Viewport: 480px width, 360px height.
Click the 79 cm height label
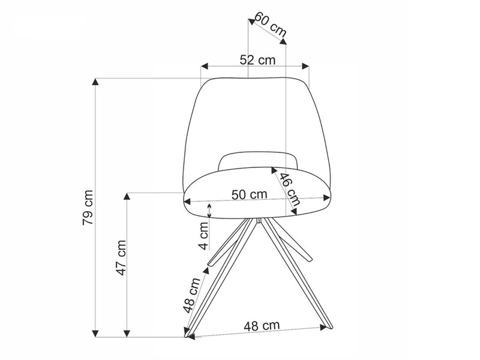(88, 208)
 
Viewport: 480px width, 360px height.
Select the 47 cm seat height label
(121, 258)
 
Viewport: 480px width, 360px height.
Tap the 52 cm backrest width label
(257, 59)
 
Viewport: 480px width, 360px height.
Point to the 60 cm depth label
(271, 23)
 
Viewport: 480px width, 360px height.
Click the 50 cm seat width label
(249, 194)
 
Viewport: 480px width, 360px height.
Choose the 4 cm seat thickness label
(203, 235)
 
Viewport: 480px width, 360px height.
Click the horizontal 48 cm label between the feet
(262, 326)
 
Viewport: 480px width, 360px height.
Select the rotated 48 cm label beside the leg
(191, 295)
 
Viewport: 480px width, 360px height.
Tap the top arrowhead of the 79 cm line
(95, 82)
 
